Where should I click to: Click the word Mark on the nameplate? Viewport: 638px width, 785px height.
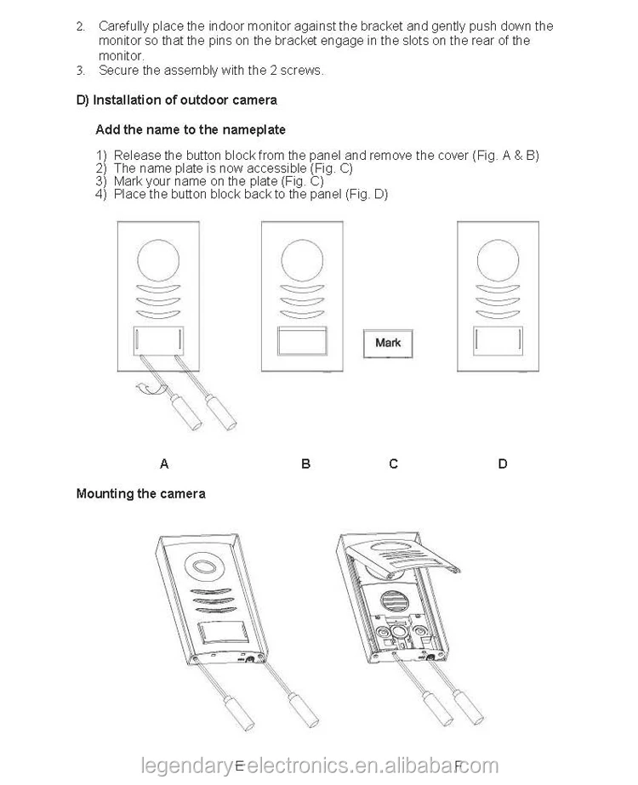coord(388,343)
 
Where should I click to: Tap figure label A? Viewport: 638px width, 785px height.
coord(164,464)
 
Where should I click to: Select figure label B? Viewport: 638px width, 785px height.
coord(305,464)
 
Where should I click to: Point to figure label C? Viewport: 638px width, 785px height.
coord(393,464)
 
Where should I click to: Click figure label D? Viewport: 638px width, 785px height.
coord(503,464)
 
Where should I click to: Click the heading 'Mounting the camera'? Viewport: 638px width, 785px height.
coord(140,493)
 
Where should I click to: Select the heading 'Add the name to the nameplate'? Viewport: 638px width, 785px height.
coord(191,130)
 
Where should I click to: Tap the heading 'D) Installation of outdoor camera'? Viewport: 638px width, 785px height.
coord(177,100)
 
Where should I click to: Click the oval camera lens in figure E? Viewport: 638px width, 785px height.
coord(204,566)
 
